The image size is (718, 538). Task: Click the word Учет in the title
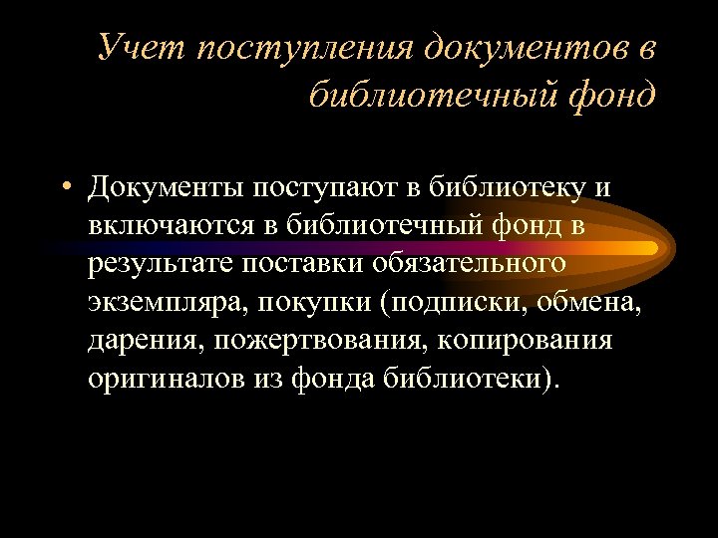tap(142, 48)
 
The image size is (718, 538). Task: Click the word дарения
tap(146, 341)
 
